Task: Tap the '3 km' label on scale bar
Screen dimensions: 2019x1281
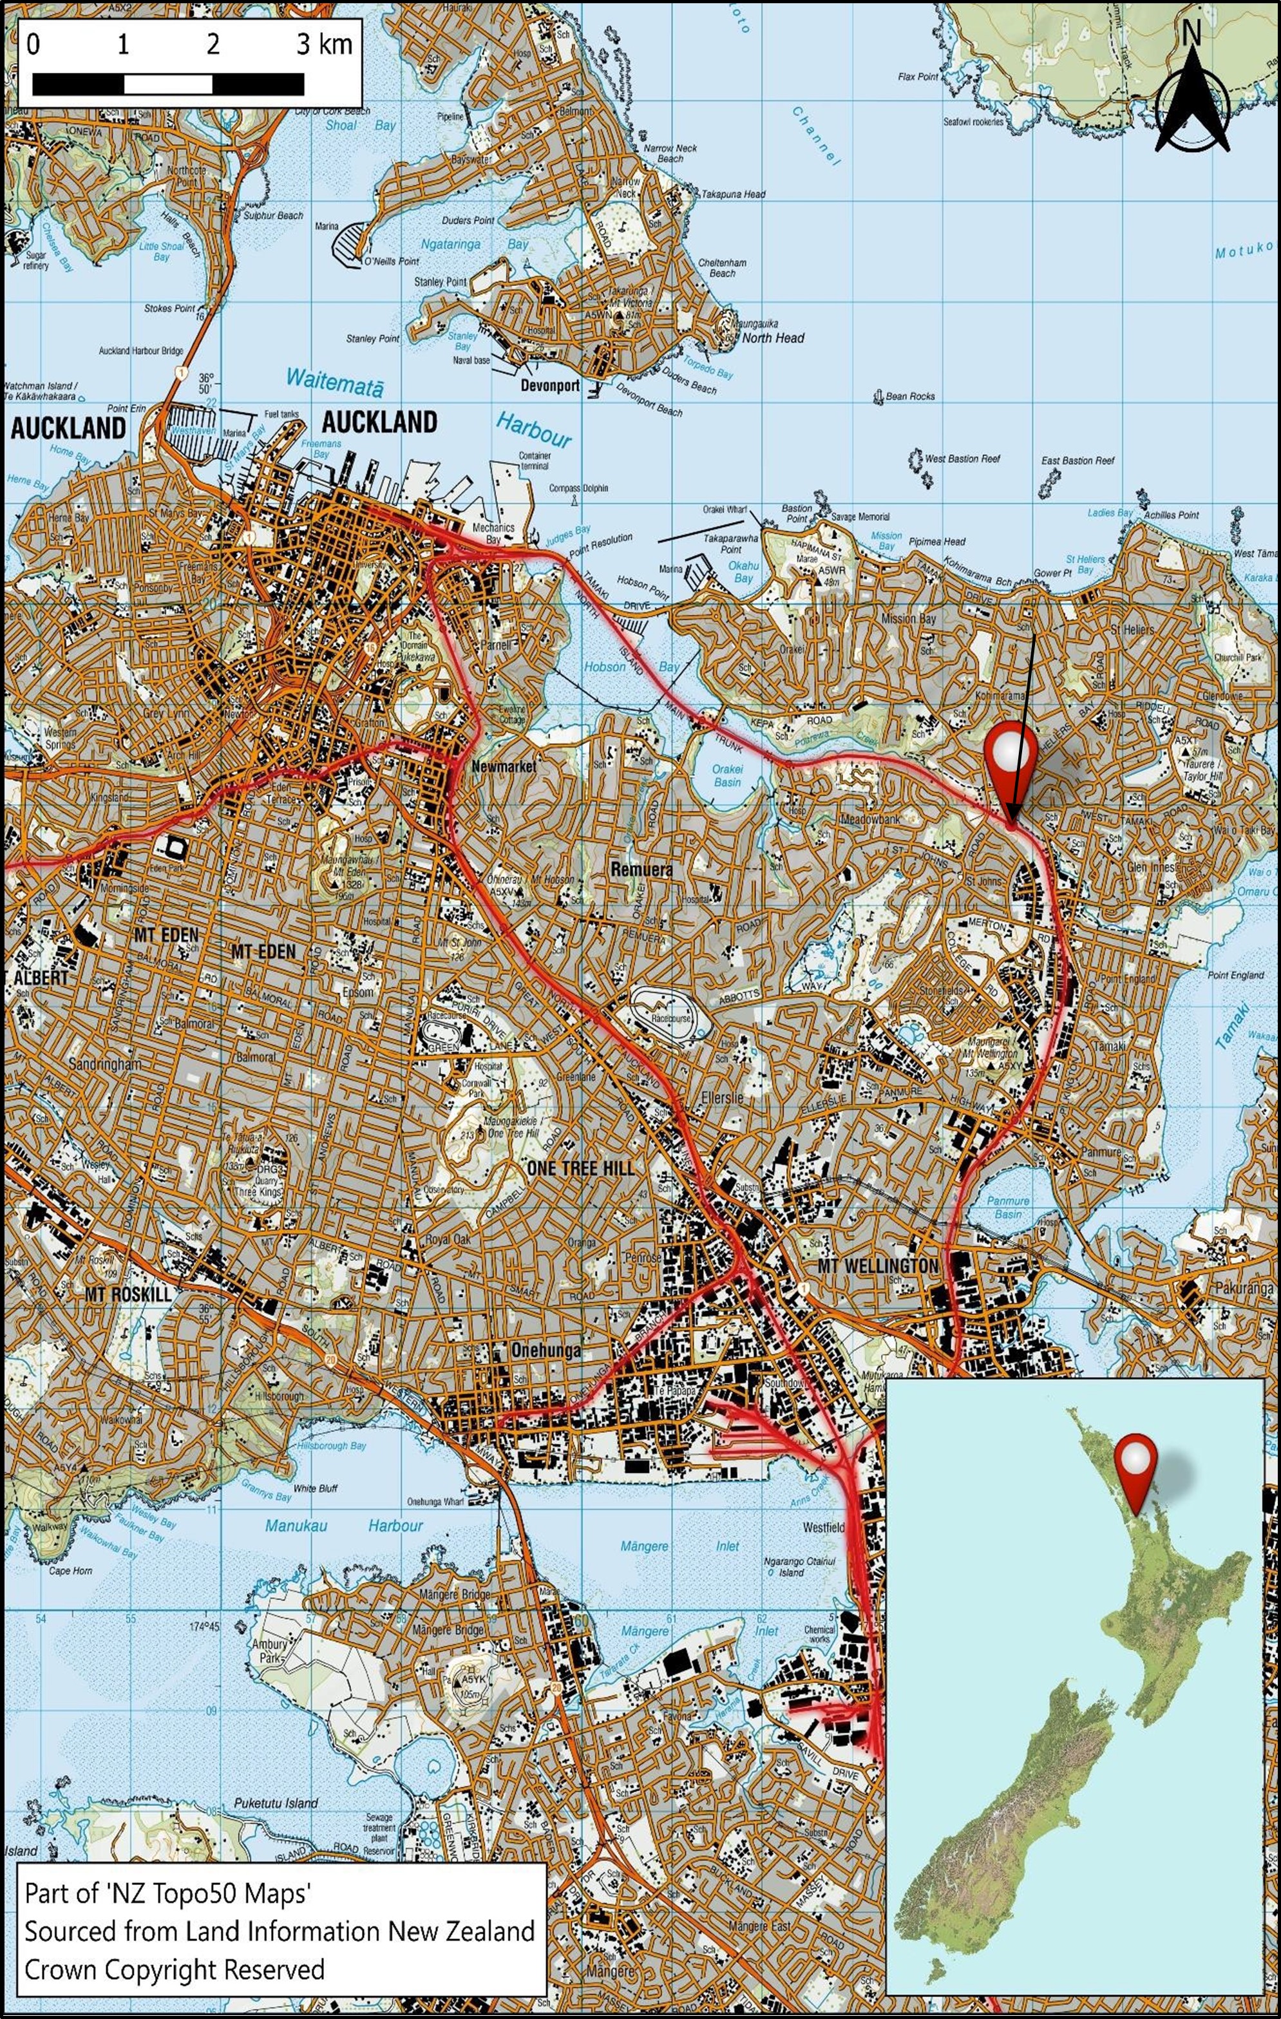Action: pos(325,44)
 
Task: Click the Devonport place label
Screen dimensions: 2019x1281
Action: pos(550,386)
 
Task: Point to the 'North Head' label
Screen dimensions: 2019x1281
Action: pos(773,338)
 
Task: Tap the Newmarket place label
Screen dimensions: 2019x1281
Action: pos(504,766)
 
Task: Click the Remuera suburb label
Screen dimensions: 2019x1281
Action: pos(641,869)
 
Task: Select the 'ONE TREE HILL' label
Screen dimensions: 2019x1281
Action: pos(580,1168)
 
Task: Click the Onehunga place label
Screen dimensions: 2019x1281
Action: pos(546,1350)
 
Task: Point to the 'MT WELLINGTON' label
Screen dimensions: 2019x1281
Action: pos(877,1265)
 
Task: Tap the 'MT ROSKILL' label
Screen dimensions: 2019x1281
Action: pos(128,1294)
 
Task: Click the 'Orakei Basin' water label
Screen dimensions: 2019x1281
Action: pos(727,775)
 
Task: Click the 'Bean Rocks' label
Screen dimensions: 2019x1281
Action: pos(909,396)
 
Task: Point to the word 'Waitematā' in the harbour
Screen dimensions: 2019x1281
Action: pos(334,381)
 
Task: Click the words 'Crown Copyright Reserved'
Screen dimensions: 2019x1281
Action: pos(175,1969)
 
